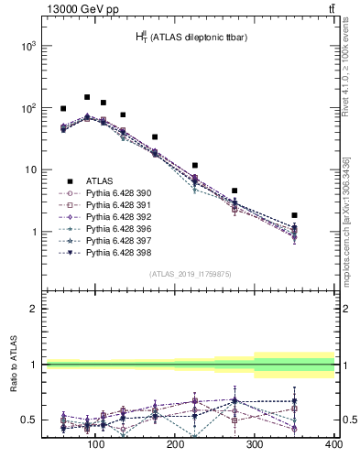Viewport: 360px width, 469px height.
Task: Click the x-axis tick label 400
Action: pos(333,445)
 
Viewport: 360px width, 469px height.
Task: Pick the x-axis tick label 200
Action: pos(174,445)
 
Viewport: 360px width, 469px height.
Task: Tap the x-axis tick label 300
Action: pos(254,445)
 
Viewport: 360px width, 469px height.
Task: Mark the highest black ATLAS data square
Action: pos(87,97)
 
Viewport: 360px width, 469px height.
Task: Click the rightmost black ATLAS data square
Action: pos(294,215)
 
